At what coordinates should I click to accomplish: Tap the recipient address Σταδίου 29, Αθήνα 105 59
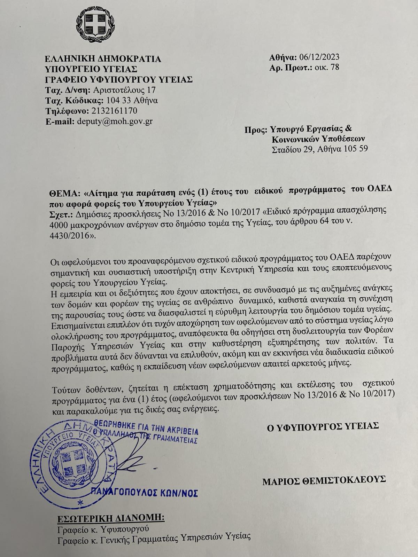click(x=319, y=149)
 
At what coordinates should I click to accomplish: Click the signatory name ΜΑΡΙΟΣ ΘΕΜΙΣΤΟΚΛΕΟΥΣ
click(x=324, y=480)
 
